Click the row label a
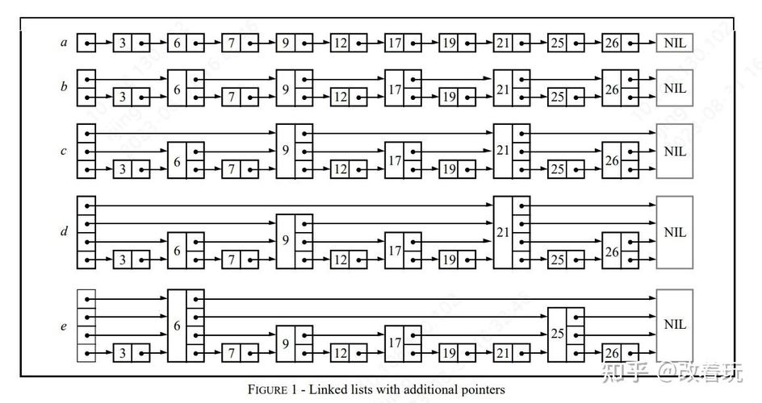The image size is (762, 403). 64,42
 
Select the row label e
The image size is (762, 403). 64,326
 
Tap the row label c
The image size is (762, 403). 64,152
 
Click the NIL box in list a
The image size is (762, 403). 675,42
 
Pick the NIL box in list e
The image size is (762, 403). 675,325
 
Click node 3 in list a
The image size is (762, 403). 122,42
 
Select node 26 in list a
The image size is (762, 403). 611,42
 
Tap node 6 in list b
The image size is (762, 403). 177,88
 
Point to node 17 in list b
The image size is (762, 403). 394,88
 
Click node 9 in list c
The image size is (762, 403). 285,151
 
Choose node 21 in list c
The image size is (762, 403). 503,151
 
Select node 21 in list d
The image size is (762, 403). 503,232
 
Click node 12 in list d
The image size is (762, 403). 339,260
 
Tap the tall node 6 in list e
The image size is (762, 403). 177,326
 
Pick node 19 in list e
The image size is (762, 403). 448,353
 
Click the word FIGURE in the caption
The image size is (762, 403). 267,390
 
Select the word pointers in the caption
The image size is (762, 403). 482,390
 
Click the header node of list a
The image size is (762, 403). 86,42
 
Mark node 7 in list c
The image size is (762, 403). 231,170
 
